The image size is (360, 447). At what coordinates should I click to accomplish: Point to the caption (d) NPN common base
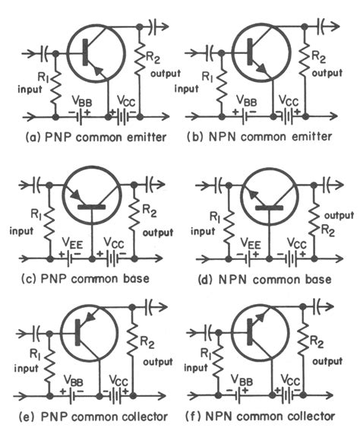pos(265,279)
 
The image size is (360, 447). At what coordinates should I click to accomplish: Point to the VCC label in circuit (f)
pos(291,378)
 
